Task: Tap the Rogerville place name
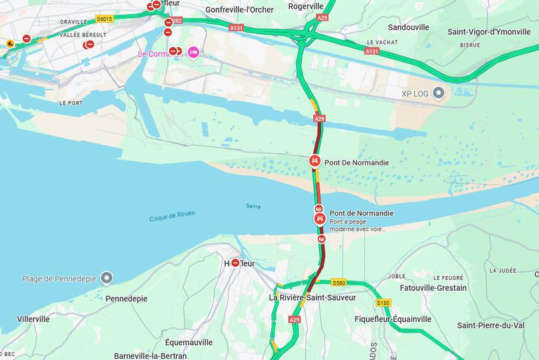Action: pos(306,6)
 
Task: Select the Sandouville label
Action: pos(408,28)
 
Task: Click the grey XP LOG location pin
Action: pos(438,93)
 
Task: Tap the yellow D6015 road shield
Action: pos(104,19)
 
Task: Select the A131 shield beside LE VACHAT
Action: pos(372,51)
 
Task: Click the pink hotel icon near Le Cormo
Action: pos(193,52)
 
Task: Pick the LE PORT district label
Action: pos(71,103)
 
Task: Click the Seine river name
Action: pos(253,205)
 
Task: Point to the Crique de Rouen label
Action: pos(172,216)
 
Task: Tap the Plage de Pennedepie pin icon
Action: pos(107,278)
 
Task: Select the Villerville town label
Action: pos(33,319)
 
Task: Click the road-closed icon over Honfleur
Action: pos(235,263)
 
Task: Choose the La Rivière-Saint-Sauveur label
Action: pos(312,297)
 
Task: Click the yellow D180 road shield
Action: pos(383,303)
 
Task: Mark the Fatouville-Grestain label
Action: pos(433,288)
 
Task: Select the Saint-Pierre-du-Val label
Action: pos(490,325)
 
